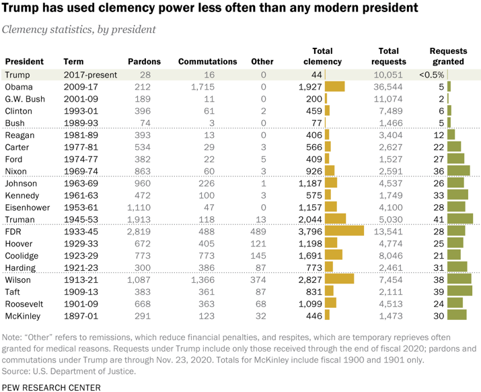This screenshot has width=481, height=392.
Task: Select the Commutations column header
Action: pos(208,62)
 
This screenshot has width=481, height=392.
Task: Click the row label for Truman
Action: pos(20,219)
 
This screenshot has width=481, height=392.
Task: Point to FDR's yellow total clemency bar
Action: pos(344,231)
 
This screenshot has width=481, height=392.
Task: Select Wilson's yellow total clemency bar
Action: pos(339,279)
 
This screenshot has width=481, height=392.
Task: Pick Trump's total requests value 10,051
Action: pos(391,75)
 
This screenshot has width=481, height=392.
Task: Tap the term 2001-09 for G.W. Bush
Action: pos(81,99)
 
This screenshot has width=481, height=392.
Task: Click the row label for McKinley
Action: pos(24,315)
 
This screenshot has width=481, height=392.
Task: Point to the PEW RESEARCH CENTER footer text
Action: pos(52,387)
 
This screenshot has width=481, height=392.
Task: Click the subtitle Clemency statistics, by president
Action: pos(79,30)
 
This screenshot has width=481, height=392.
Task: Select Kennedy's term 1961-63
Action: pos(81,195)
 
